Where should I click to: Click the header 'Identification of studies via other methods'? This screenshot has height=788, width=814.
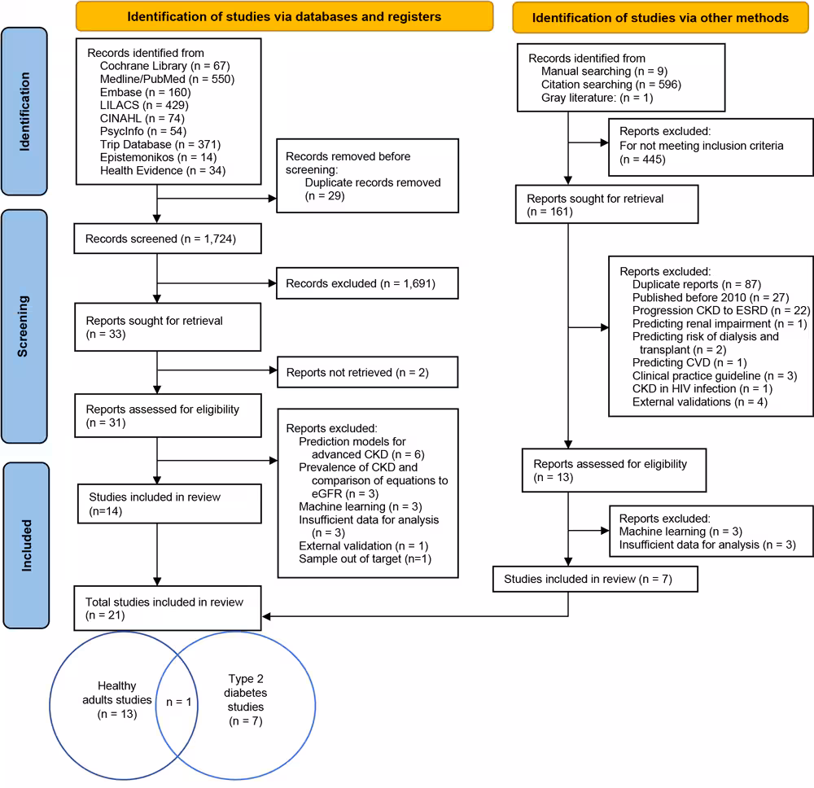tap(662, 16)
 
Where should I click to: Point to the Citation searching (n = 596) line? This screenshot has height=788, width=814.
tap(610, 84)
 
